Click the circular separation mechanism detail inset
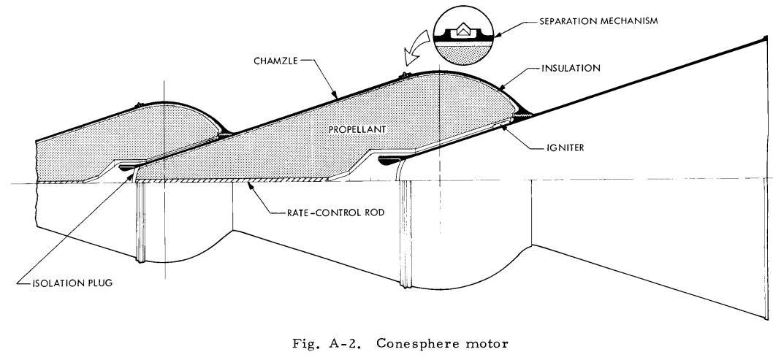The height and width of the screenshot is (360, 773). (x=464, y=37)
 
